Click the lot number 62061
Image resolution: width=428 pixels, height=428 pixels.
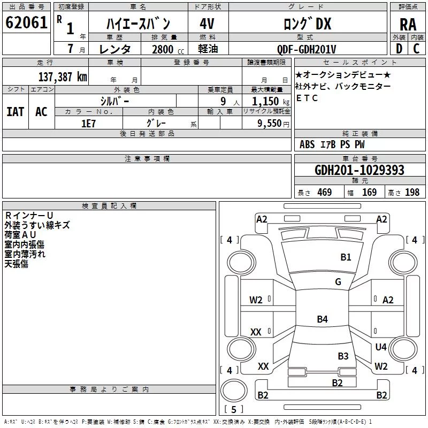pos(26,22)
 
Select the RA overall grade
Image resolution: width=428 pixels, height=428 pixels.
pos(408,25)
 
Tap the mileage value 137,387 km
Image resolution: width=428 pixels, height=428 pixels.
pos(63,77)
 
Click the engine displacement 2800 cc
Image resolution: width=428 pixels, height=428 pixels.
pos(168,49)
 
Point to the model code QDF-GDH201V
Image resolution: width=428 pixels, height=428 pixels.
pos(307,49)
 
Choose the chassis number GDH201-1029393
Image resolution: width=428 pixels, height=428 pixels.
pos(360,170)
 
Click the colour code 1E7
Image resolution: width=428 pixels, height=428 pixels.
pos(88,124)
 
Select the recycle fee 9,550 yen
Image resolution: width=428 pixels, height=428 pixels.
pos(273,124)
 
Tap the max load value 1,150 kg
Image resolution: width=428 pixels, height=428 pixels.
pos(271,102)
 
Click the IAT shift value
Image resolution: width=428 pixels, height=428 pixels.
pos(16,112)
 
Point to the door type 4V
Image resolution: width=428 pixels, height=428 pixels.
pos(207,24)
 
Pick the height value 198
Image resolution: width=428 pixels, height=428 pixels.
pos(412,192)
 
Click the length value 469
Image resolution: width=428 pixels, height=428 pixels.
pos(325,192)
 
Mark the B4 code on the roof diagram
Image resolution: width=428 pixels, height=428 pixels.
pos(323,319)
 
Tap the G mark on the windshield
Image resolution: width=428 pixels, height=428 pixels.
pos(338,281)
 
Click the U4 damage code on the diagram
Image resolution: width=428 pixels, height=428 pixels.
pos(381,347)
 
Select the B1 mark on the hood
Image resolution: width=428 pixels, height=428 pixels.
pos(346,257)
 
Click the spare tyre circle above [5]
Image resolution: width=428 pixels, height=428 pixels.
pos(234,390)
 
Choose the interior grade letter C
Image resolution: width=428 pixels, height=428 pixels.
pos(416,49)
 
